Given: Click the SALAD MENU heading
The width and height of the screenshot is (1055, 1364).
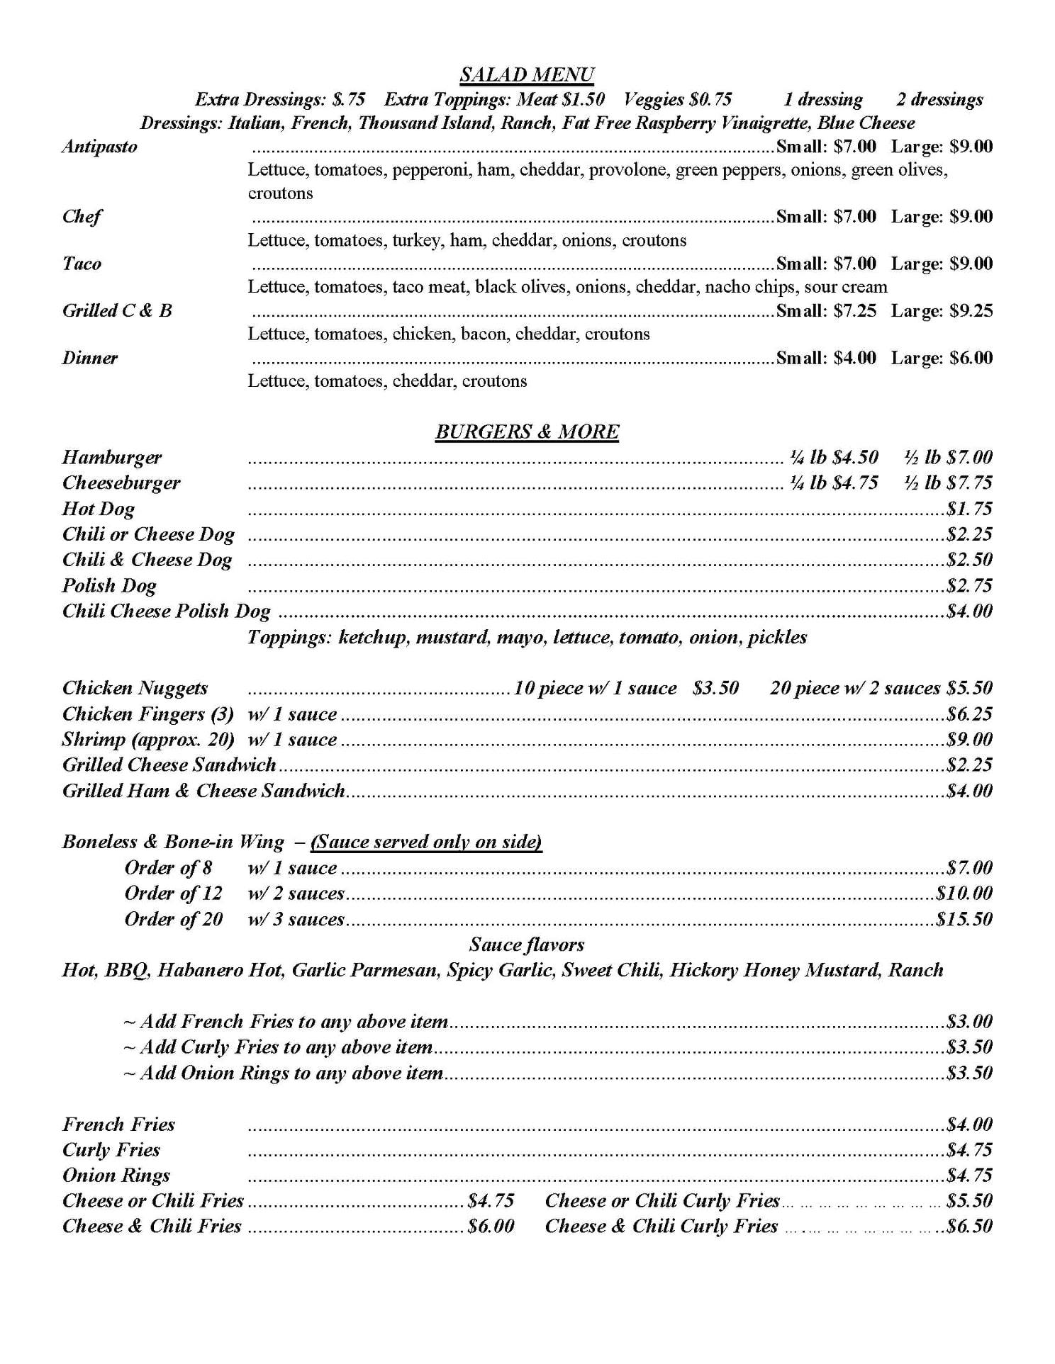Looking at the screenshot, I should click(x=527, y=74).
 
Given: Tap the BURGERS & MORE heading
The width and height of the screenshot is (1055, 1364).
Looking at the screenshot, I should click(x=527, y=432).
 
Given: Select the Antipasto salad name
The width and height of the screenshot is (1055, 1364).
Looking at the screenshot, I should click(x=100, y=147).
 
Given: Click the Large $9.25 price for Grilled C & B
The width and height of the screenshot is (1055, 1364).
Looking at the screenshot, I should click(x=942, y=310).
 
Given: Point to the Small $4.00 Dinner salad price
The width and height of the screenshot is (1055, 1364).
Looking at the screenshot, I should click(x=826, y=357).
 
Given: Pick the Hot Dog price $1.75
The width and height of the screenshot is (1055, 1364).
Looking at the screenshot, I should click(x=969, y=508).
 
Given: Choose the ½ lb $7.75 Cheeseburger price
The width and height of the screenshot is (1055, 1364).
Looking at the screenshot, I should click(x=948, y=483).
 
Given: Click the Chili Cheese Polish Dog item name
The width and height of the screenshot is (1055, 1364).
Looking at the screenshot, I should click(x=166, y=611).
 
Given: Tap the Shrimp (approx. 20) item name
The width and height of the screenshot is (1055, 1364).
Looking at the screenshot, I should click(x=147, y=739).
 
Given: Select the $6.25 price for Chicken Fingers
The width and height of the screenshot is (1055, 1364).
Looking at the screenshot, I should click(x=969, y=714).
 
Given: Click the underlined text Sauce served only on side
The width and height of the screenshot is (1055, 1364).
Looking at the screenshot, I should click(x=426, y=842).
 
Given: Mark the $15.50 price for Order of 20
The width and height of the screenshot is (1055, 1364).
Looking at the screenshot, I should click(x=964, y=919).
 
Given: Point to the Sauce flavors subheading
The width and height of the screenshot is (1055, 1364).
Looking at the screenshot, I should click(x=527, y=945).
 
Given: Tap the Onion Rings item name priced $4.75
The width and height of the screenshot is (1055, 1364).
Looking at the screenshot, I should click(x=116, y=1175).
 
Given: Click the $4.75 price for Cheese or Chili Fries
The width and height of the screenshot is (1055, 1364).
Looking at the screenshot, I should click(x=491, y=1200).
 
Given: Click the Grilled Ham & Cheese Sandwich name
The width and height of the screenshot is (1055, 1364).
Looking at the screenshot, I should click(x=203, y=790).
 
